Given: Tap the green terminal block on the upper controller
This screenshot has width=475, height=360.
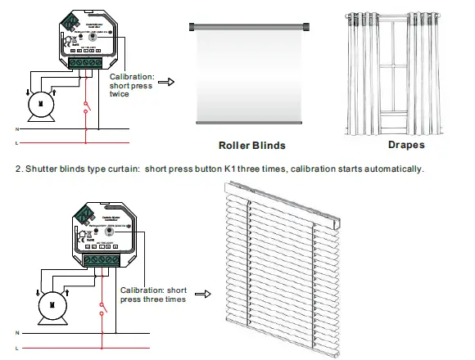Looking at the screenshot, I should click(x=86, y=61).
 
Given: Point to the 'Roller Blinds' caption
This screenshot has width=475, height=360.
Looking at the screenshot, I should click(x=251, y=146).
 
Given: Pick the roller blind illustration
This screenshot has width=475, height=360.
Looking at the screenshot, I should click(x=251, y=73).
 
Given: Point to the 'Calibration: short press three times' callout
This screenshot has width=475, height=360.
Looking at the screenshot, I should click(x=154, y=295).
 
